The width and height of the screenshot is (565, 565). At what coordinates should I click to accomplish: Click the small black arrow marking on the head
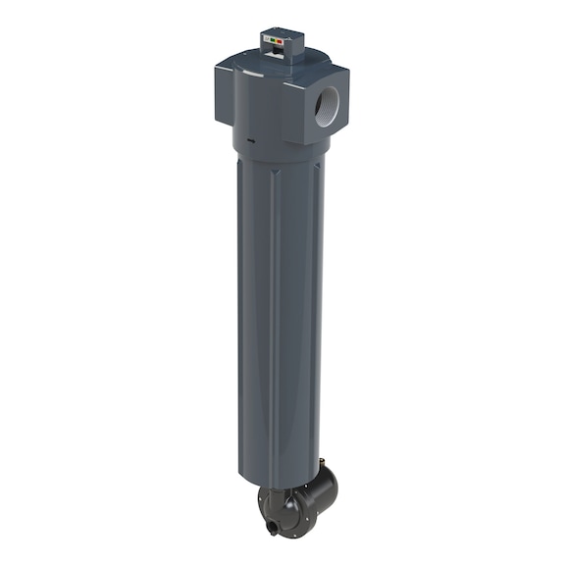(x=252, y=139)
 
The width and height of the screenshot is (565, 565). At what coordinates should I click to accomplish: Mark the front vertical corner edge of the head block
(x=284, y=108)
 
